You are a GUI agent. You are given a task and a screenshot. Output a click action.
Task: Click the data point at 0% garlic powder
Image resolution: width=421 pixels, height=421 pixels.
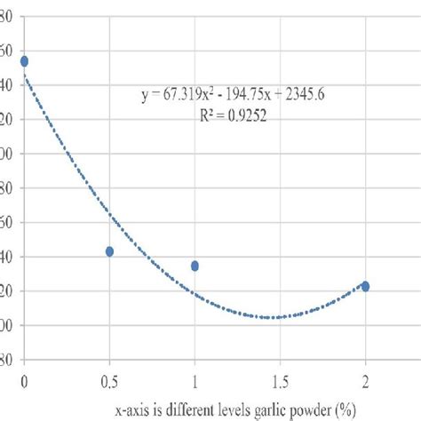pos(24,61)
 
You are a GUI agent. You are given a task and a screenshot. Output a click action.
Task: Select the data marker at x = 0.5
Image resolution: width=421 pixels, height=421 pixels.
pos(109,251)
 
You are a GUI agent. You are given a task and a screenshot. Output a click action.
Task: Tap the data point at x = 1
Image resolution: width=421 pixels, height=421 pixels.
pos(195,266)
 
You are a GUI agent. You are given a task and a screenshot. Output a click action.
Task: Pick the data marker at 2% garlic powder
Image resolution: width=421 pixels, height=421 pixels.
pos(365,286)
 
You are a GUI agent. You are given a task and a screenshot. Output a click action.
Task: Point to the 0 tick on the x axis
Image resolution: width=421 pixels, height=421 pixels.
pos(24,383)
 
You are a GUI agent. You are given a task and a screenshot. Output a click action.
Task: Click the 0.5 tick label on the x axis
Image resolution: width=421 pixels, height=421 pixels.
pos(109,383)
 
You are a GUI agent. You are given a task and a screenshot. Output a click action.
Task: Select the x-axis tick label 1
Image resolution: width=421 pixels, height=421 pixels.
pos(195,383)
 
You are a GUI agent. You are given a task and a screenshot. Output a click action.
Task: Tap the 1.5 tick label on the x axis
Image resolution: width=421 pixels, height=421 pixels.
pos(280,383)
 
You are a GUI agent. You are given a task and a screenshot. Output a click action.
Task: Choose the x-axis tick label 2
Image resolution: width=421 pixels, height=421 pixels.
pos(365,383)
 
